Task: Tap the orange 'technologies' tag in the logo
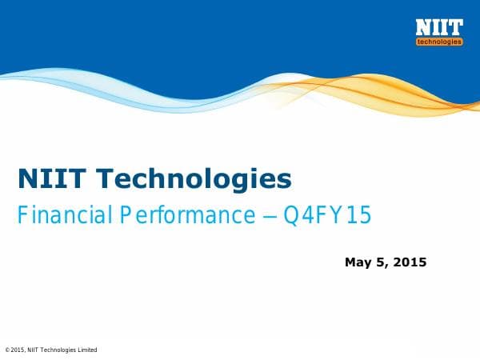click(x=439, y=42)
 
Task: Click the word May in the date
click(x=358, y=262)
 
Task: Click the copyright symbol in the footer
click(x=7, y=350)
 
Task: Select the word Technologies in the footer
click(x=61, y=350)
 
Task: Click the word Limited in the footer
click(x=88, y=350)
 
